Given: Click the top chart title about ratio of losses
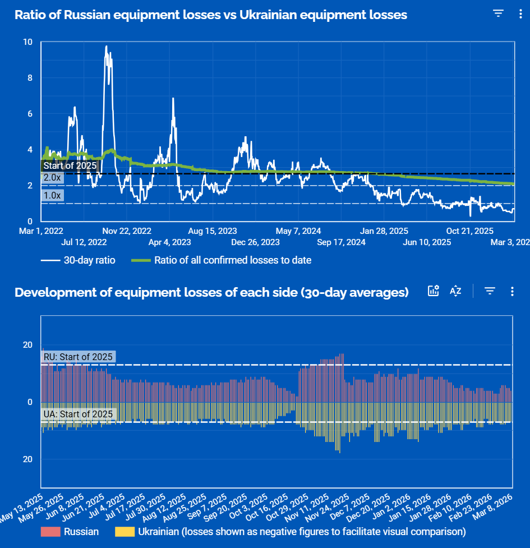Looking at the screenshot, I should point(211,15).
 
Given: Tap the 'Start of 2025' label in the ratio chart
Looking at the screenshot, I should point(70,165).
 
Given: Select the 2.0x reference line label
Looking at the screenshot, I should point(52,177).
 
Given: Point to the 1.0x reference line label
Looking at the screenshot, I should point(52,195).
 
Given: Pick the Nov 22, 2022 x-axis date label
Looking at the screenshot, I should point(127,231).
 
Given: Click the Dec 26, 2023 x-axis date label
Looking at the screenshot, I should point(255,242).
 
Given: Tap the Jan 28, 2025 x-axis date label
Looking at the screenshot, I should point(384,231).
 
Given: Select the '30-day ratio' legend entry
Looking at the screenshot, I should point(79,260).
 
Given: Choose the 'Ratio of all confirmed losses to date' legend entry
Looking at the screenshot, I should point(221,260).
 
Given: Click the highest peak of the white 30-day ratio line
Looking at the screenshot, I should point(106,47).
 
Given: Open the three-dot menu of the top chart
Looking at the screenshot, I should point(520,14).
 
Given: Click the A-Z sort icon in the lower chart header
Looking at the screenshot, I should point(455,291).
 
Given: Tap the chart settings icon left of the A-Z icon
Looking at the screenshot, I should point(433,291).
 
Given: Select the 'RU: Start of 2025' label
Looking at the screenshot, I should point(79,357).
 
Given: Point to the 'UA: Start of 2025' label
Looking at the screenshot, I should point(79,415).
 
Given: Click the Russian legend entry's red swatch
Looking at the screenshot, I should point(50,531).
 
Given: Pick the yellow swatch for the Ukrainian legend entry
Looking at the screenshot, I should point(125,531).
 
